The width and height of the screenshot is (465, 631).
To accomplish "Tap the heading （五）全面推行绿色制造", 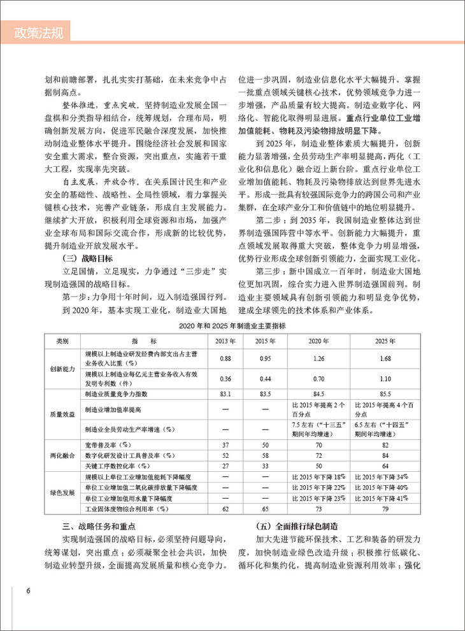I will point(292,526).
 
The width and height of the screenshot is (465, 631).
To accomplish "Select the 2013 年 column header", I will point(224,341).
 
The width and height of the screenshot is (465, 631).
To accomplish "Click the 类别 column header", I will point(62,341).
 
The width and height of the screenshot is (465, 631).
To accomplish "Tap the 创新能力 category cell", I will point(62,369).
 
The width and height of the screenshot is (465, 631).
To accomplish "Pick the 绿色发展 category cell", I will point(62,492).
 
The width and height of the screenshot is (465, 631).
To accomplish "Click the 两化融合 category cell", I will point(62,456).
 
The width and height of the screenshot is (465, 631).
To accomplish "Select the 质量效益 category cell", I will point(62,413).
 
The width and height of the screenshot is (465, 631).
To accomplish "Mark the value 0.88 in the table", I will point(224,359).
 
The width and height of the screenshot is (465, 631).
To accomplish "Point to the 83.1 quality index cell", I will point(224,394).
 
